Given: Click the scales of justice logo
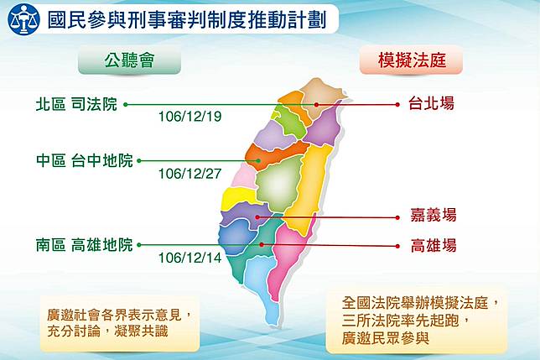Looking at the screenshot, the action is pos(23,19).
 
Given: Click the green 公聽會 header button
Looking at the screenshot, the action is pos(129,60).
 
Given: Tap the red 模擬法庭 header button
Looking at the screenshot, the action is pos(411,60).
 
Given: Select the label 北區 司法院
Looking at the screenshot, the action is pos(76,104).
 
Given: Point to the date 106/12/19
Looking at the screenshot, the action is pos(190,117).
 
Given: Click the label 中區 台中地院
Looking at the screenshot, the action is pos(85,160).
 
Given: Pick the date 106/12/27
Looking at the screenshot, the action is pos(190,174).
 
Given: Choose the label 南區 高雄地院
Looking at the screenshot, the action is pos(85,245).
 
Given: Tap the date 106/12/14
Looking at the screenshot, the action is pos(190,258).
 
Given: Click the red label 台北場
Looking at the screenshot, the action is pos(431,103).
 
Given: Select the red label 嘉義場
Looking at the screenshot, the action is pos(434,216).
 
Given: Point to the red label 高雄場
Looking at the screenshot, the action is pos(434,246).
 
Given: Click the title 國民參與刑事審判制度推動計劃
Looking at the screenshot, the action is pos(187,20).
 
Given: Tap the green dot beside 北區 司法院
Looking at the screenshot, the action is pos(126,104).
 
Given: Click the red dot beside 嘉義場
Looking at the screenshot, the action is pos(397,217).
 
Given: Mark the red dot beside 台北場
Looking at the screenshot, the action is pos(397,104).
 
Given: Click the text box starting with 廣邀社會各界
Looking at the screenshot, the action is pos(120,323).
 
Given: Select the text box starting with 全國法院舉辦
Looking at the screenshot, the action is pos(417,321).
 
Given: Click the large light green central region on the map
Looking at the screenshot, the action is pos(279,185).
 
